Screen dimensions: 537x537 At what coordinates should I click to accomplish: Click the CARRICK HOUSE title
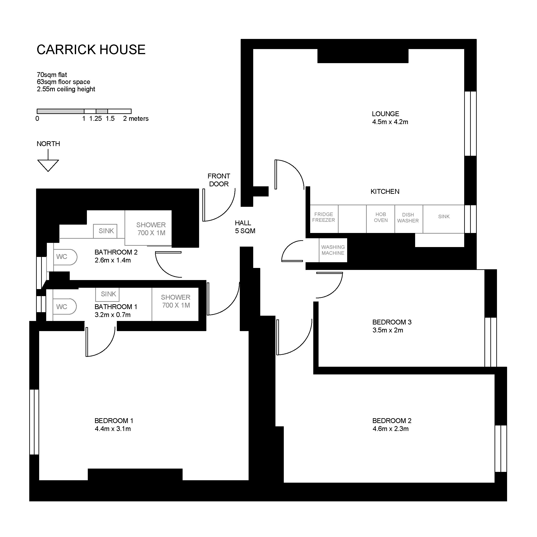click(91, 50)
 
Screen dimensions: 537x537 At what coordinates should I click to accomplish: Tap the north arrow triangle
click(48, 165)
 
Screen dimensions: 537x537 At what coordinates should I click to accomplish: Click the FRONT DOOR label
click(219, 180)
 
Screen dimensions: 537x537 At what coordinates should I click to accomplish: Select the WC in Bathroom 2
click(64, 257)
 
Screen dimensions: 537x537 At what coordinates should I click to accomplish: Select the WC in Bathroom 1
click(64, 307)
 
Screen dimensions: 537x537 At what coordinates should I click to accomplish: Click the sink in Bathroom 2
click(105, 231)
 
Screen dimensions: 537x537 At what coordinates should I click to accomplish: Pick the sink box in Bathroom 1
click(107, 294)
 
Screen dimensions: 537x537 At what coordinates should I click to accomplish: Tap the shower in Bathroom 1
click(175, 304)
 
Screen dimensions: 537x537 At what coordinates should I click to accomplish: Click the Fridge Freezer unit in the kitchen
click(324, 219)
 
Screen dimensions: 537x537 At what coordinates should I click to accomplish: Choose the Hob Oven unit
click(381, 219)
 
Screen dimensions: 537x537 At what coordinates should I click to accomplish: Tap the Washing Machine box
click(333, 250)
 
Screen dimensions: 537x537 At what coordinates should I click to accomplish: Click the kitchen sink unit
click(444, 219)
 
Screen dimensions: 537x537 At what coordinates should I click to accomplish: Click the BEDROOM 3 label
click(392, 322)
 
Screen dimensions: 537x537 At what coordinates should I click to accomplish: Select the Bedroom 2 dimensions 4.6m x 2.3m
click(390, 429)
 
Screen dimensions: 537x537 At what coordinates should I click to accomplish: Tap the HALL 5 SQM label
click(245, 227)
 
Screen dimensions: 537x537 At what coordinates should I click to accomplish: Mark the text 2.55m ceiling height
click(66, 89)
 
